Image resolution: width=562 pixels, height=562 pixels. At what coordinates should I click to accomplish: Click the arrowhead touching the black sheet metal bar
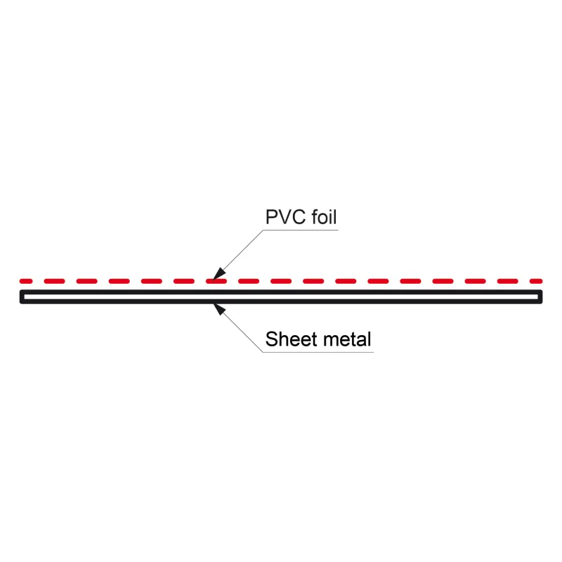click(218, 308)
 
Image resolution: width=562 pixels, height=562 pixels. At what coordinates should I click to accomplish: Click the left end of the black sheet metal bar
click(22, 297)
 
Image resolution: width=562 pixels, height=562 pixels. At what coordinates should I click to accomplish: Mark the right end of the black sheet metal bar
click(540, 297)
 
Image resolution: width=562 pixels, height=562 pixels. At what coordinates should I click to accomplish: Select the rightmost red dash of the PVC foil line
click(535, 281)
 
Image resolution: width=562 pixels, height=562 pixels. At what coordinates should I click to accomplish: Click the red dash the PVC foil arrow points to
click(216, 281)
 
